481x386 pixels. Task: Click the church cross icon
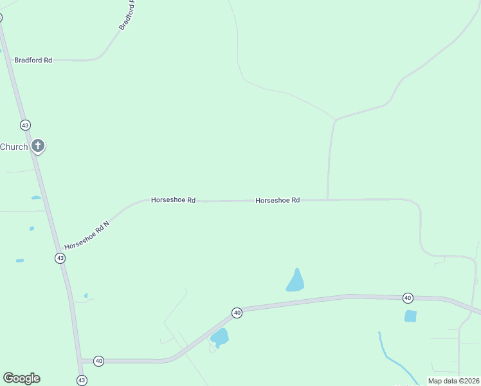click(38, 145)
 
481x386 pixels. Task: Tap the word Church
click(14, 147)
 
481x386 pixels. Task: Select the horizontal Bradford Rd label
click(33, 60)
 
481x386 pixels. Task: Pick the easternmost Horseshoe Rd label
click(278, 200)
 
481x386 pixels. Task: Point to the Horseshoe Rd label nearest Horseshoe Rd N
click(173, 200)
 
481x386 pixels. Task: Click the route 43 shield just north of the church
click(25, 124)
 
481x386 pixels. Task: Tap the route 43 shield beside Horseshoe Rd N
click(60, 257)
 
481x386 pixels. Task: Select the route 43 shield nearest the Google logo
click(82, 380)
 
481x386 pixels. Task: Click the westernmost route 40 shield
click(98, 360)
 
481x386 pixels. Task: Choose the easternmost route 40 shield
click(408, 297)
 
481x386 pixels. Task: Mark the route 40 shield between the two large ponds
click(237, 313)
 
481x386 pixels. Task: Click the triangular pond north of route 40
click(295, 282)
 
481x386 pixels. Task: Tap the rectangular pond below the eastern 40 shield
click(410, 316)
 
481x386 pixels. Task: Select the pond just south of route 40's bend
click(219, 336)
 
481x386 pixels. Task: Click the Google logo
click(21, 378)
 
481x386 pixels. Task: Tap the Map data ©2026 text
click(454, 381)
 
